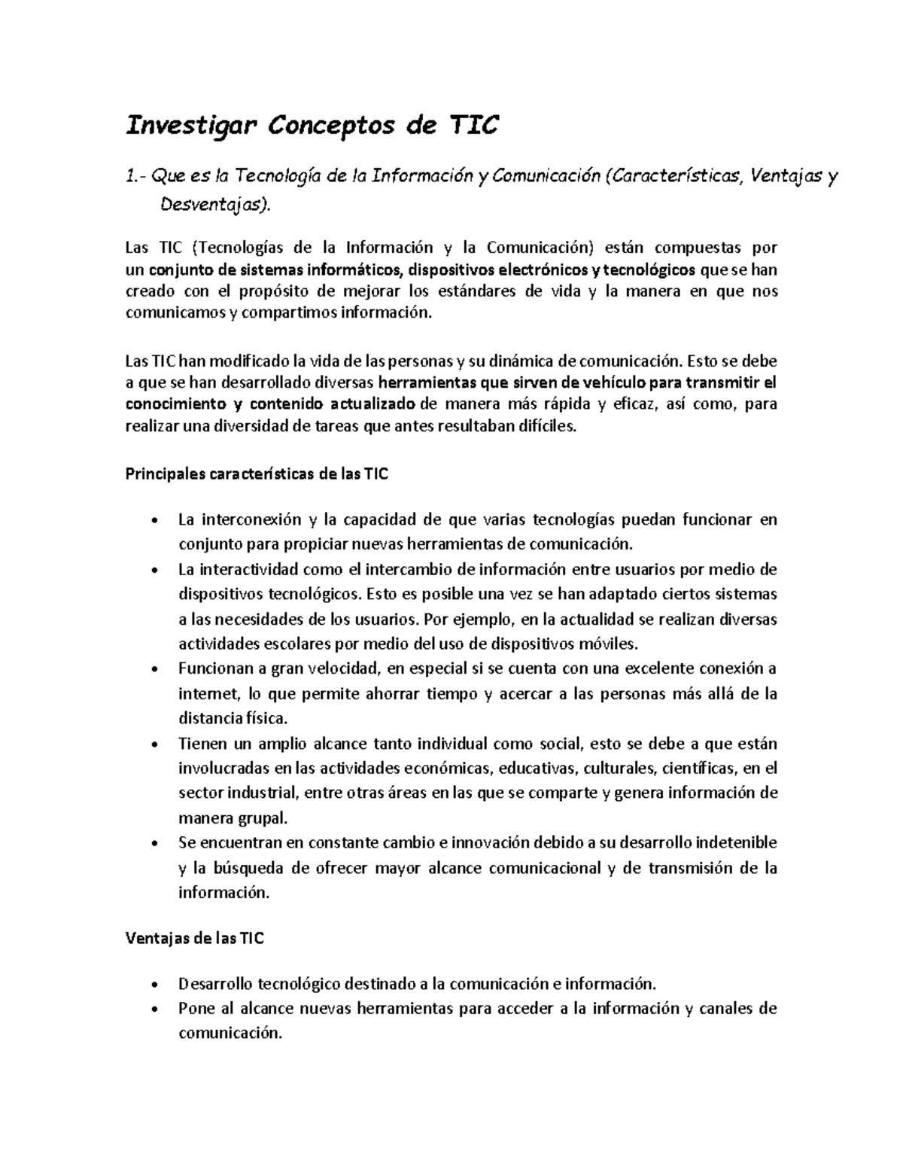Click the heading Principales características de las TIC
click(257, 475)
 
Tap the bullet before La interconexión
click(154, 521)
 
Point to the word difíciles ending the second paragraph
click(547, 428)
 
